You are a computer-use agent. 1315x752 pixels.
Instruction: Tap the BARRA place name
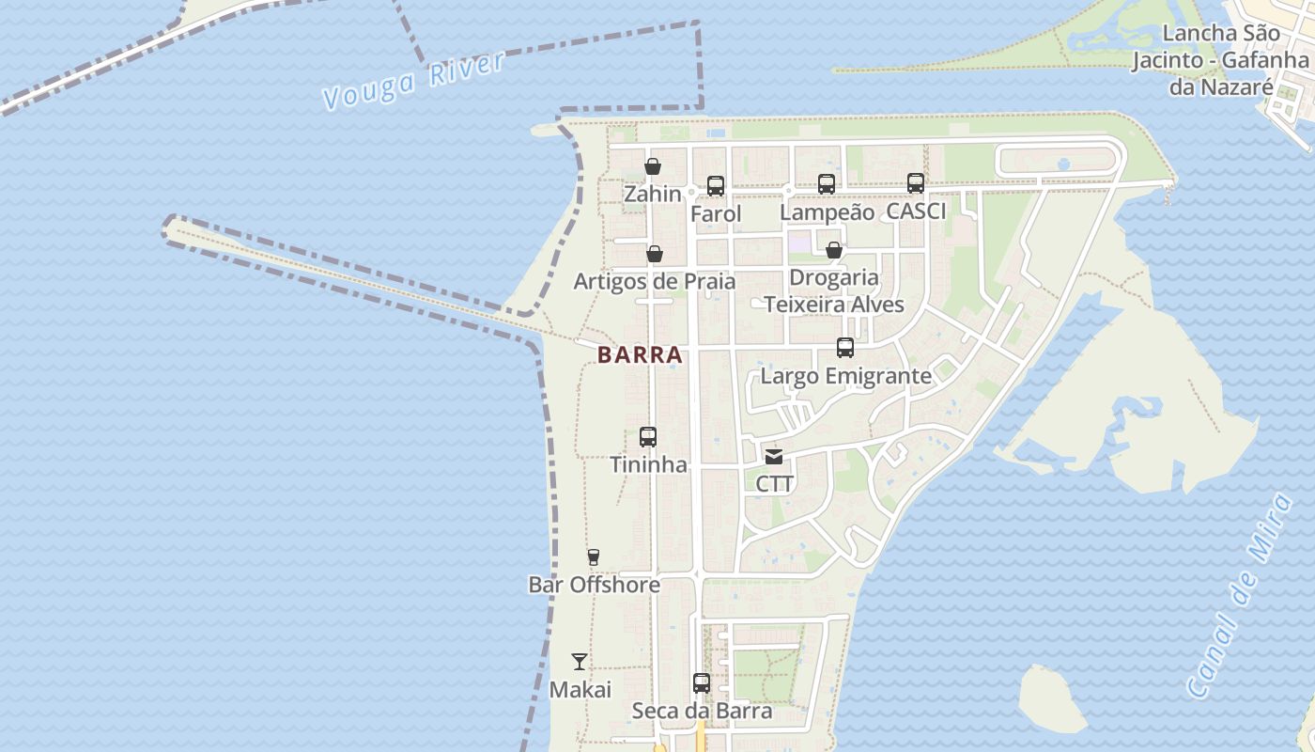coord(640,355)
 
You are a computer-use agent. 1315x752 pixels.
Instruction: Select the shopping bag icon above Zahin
coord(653,166)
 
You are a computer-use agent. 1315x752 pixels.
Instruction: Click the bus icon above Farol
coord(716,186)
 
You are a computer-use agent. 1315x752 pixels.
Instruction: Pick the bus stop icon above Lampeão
coord(827,184)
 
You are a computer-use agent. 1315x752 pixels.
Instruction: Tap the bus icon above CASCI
coord(916,183)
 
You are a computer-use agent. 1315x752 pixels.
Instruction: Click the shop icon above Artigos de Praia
coord(655,254)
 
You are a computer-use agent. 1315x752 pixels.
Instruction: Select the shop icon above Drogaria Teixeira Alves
coord(833,250)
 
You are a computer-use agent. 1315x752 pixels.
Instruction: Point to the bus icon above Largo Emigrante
coord(845,348)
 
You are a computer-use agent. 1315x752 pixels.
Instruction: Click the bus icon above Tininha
coord(648,437)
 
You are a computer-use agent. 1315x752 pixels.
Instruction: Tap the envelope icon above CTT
coord(774,457)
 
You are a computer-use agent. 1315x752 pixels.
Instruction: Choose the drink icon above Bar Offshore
coord(594,557)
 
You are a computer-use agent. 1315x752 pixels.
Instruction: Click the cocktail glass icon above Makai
coord(580,662)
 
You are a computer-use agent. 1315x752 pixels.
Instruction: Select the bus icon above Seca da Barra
coord(702,683)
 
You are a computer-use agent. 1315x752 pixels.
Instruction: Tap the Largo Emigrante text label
coord(845,376)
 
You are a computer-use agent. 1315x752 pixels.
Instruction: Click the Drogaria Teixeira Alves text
coord(834,290)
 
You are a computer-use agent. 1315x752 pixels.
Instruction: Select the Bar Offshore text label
coord(594,585)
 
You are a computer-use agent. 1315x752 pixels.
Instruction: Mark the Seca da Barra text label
coord(702,711)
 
